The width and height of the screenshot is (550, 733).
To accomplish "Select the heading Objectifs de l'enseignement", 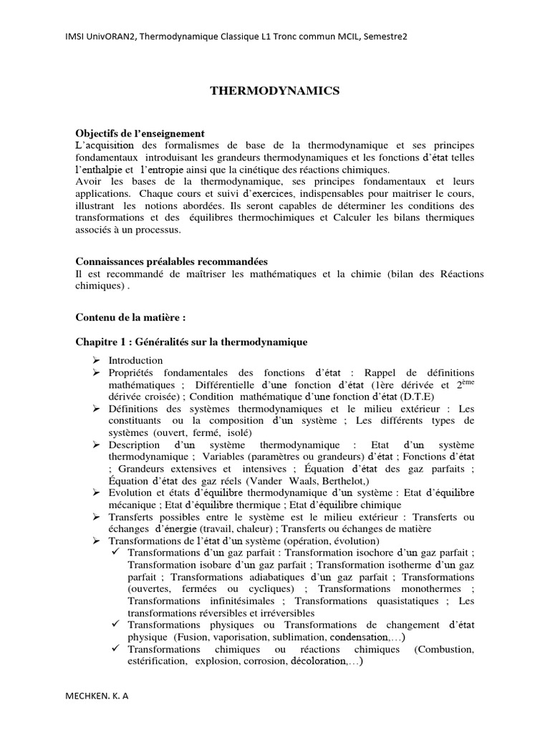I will coord(140,134).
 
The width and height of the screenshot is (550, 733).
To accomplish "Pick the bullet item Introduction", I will coord(136,360).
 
